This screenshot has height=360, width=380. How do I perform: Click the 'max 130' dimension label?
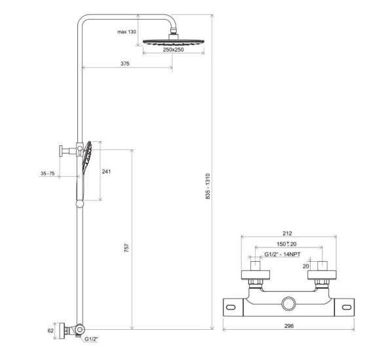click(126, 31)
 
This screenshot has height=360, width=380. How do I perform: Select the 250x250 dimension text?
click(173, 50)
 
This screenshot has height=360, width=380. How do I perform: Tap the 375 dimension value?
click(124, 63)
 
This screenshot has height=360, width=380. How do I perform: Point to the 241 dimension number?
click(106, 171)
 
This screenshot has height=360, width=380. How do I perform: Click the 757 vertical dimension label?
click(126, 248)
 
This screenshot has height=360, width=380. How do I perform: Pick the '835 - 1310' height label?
click(208, 186)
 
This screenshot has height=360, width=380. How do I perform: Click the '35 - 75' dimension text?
click(47, 173)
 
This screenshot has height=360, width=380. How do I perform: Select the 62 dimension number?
click(50, 331)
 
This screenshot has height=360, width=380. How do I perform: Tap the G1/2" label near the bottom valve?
click(91, 339)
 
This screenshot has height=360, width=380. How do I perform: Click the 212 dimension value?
click(287, 234)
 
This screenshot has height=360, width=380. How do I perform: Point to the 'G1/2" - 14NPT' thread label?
click(282, 254)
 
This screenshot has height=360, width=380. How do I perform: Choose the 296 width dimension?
click(289, 326)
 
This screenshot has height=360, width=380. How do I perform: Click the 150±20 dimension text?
click(286, 244)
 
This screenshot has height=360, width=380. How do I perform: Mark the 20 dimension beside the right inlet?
click(306, 266)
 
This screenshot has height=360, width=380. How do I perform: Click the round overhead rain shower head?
click(174, 42)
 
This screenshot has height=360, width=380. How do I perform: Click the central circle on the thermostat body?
click(288, 303)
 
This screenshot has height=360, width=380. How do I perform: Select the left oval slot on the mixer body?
click(231, 307)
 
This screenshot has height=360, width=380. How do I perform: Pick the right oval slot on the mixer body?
click(347, 307)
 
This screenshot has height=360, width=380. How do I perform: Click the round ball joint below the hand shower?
click(80, 204)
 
